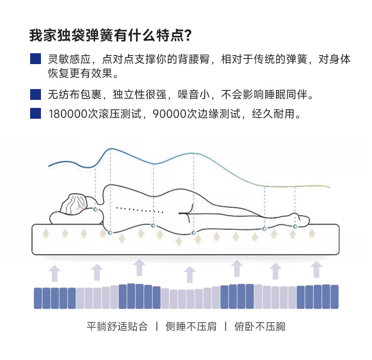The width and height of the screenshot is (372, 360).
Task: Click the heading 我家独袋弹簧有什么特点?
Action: pos(110,36)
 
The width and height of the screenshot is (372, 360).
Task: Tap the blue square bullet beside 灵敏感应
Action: pos(35,59)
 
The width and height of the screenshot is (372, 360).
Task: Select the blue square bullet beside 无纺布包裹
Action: pos(35,94)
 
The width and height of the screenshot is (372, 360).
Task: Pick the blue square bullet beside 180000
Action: pos(35,114)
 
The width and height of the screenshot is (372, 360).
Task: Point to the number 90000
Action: pos(170,115)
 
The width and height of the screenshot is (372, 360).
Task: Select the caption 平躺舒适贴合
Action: pos(117,326)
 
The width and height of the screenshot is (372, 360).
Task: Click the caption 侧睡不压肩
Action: pos(191,326)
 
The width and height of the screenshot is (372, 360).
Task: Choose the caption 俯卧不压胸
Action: pos(260,326)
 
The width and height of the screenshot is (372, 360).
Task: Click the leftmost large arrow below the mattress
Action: pos(55,273)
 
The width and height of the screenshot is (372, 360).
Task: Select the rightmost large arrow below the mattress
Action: pos(316,270)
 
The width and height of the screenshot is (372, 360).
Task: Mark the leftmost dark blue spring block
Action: pos(38,298)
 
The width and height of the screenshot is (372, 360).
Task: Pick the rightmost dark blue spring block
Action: pos(334,297)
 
